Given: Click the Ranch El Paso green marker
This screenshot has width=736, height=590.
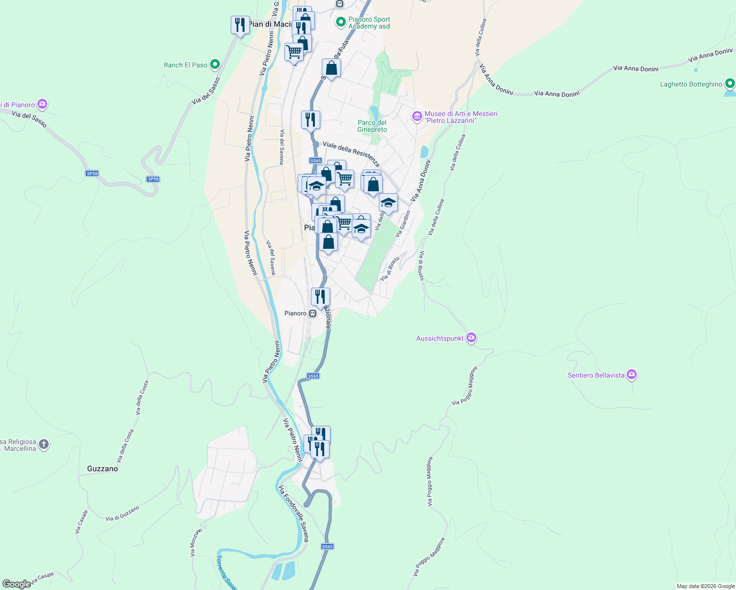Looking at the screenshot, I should [215, 64].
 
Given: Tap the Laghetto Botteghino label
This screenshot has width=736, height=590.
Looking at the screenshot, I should [691, 84].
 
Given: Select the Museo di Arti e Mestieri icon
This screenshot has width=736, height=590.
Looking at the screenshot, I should [417, 117].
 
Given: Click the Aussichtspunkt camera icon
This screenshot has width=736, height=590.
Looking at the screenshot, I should [471, 338].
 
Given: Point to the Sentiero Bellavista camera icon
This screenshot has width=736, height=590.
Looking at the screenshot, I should [632, 375].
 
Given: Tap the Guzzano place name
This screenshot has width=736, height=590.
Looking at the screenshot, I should [102, 469].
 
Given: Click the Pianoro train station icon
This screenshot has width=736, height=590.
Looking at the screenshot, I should [312, 313].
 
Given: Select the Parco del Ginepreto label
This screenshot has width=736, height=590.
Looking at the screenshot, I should [372, 126].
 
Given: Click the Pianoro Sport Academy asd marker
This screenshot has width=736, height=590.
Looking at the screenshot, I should [340, 22].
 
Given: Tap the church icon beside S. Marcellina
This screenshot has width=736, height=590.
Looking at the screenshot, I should [44, 445].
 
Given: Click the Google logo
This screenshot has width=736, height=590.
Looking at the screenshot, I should [16, 584].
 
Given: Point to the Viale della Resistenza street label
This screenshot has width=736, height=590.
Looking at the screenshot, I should [351, 153].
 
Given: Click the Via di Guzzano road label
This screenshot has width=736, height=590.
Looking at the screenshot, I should [123, 513].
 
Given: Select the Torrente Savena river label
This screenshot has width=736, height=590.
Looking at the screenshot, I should [226, 572].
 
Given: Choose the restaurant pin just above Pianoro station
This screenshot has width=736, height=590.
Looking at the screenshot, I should [320, 297].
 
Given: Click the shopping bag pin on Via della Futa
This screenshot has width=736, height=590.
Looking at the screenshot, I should [331, 68].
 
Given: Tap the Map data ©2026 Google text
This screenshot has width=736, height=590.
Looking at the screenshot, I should [705, 586].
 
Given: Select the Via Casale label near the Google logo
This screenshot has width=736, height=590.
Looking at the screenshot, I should [42, 578].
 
